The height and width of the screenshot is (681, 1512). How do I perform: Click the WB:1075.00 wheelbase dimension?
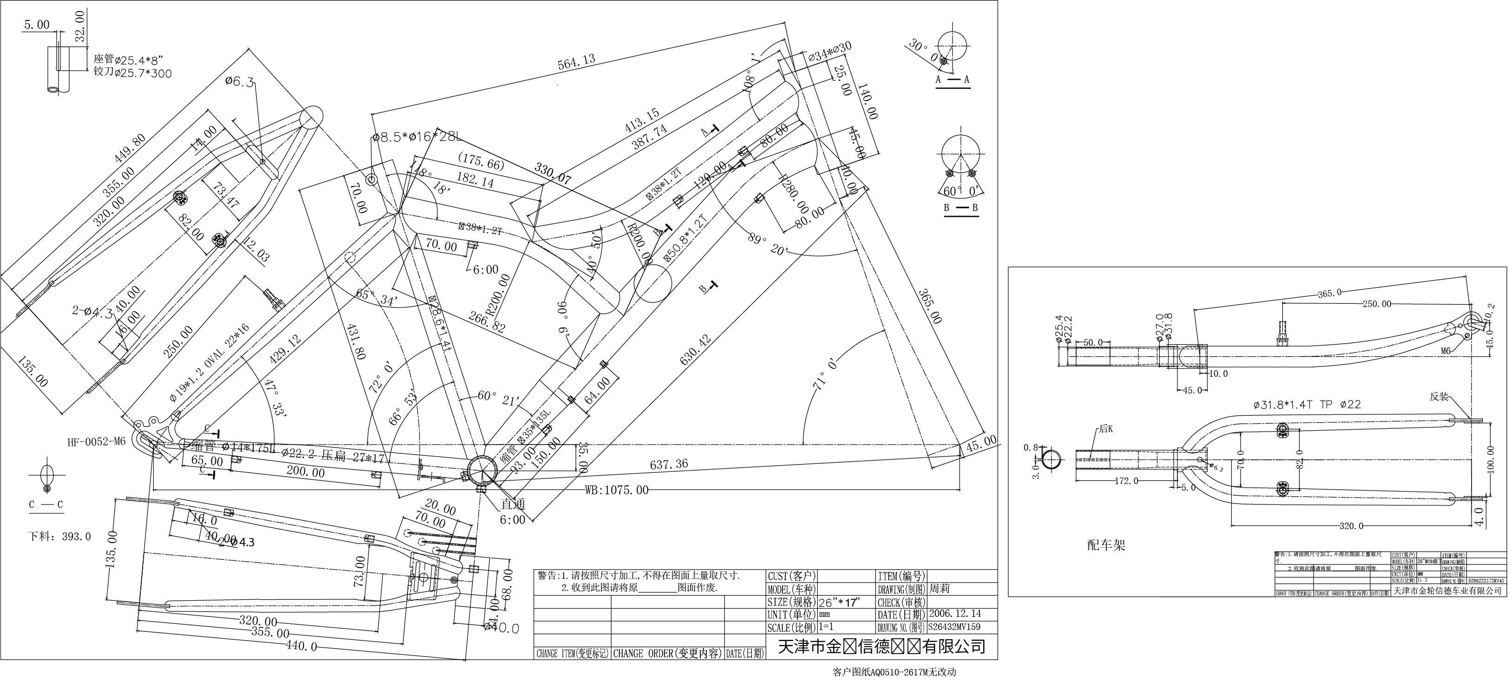[x=616, y=490]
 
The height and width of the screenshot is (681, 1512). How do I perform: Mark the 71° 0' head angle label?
[x=827, y=372]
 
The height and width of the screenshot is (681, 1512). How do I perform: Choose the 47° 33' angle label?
[x=276, y=398]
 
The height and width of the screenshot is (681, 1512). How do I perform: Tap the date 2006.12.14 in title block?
[x=954, y=614]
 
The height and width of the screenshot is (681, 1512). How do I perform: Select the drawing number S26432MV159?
[x=954, y=627]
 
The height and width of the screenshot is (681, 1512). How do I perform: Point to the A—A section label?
[x=952, y=79]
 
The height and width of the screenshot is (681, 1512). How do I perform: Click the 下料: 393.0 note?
[x=60, y=536]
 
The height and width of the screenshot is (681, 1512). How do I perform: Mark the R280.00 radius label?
[x=794, y=194]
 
